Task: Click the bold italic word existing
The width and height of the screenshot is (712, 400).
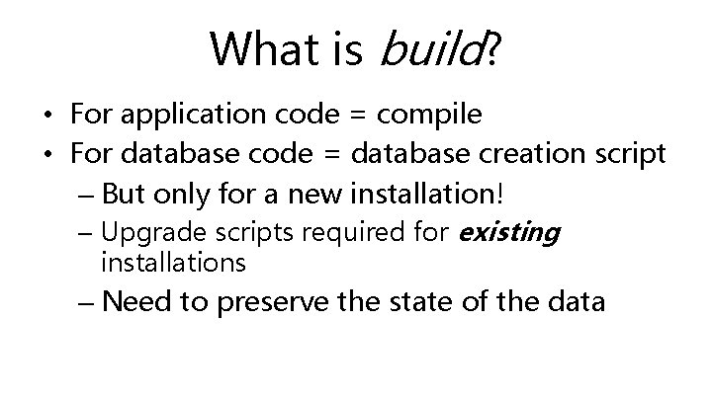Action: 509,233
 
